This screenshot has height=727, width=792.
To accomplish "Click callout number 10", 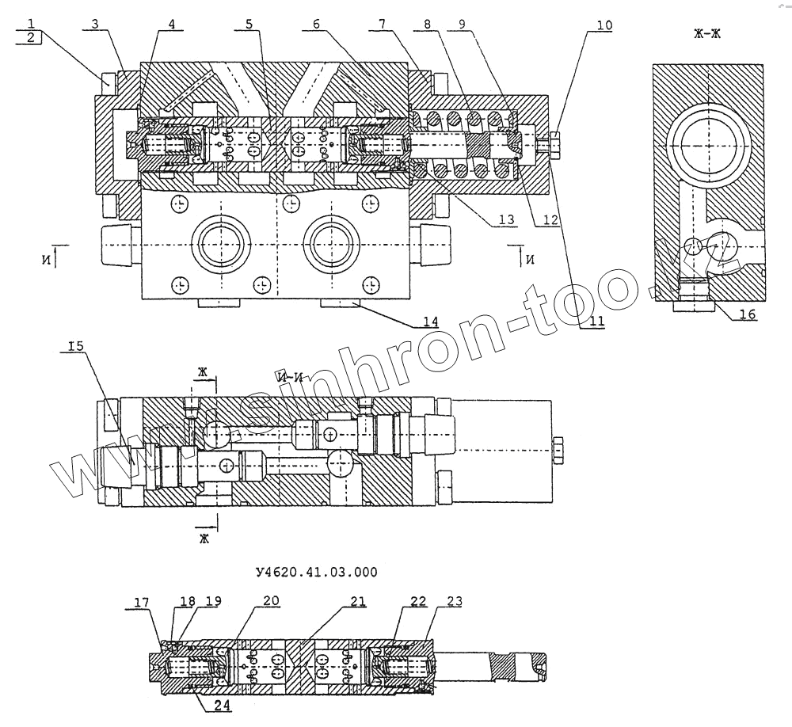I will point(604,25).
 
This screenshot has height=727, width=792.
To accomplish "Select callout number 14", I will point(430,322).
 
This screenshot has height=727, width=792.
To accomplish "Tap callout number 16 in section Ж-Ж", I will point(748,315).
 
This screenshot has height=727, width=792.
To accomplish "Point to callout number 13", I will point(505,219).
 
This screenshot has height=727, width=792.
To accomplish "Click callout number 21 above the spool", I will point(358,602).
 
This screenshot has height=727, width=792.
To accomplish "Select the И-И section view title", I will point(291,378).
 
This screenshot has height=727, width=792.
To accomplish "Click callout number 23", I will point(455,602).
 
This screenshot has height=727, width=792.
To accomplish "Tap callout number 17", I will point(141,602).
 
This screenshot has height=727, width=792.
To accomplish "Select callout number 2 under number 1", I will point(29,38).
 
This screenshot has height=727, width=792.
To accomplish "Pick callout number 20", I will point(271,602).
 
